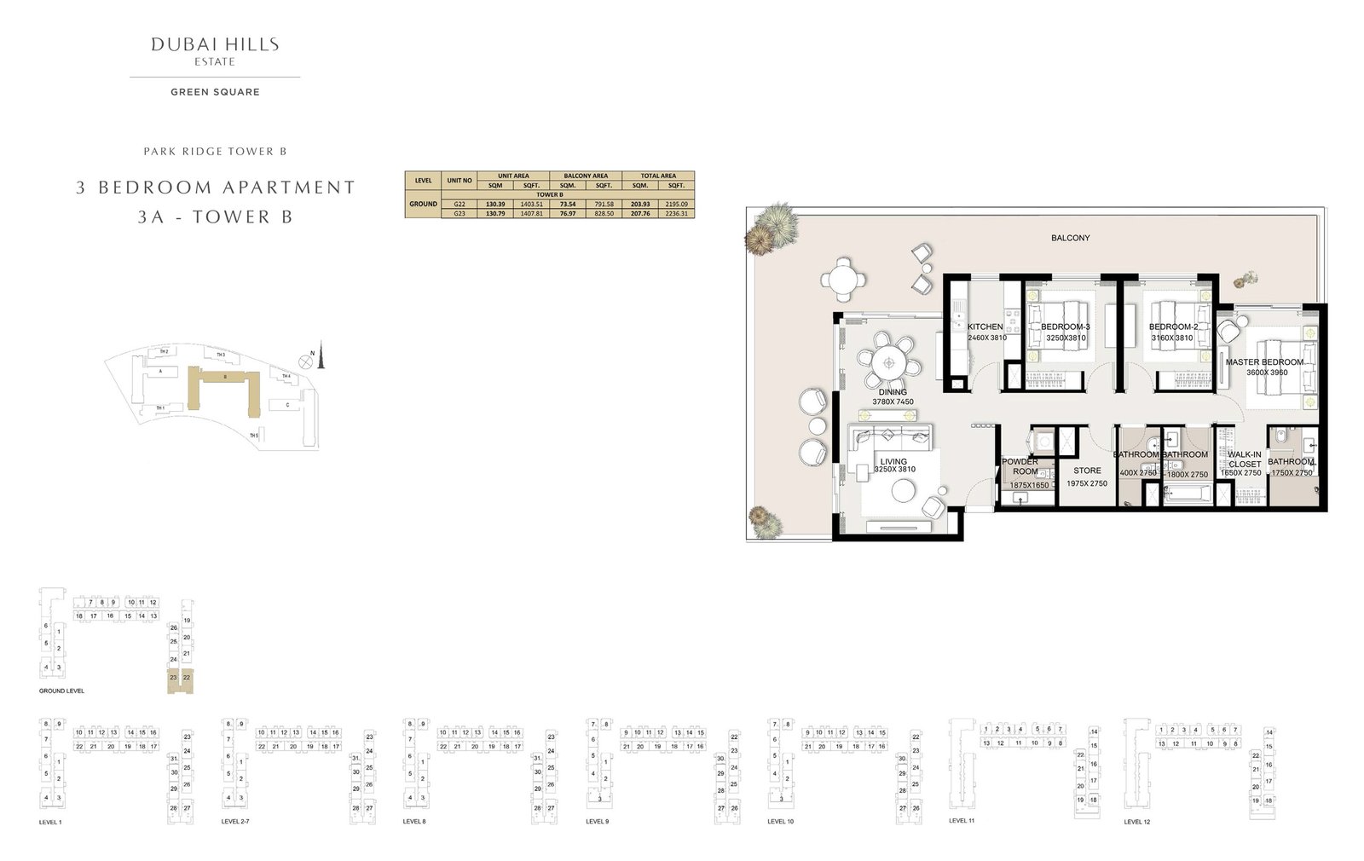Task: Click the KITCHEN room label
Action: coord(985,326)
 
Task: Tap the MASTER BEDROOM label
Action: coord(1264,362)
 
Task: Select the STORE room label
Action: coord(1087,471)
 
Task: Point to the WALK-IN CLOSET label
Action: coord(1245,459)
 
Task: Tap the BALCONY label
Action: coord(1070,238)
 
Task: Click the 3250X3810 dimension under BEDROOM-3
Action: coord(1066,338)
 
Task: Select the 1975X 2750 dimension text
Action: coord(1087,483)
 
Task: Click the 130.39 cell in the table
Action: coord(494,205)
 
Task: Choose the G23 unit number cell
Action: coord(459,213)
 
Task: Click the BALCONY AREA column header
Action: coord(586,176)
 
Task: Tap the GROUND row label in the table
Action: coord(424,205)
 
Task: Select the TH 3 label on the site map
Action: coord(221,355)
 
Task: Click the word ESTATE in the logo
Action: coord(215,61)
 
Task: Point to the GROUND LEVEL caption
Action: coord(61,691)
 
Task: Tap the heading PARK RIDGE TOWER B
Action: coord(215,152)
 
